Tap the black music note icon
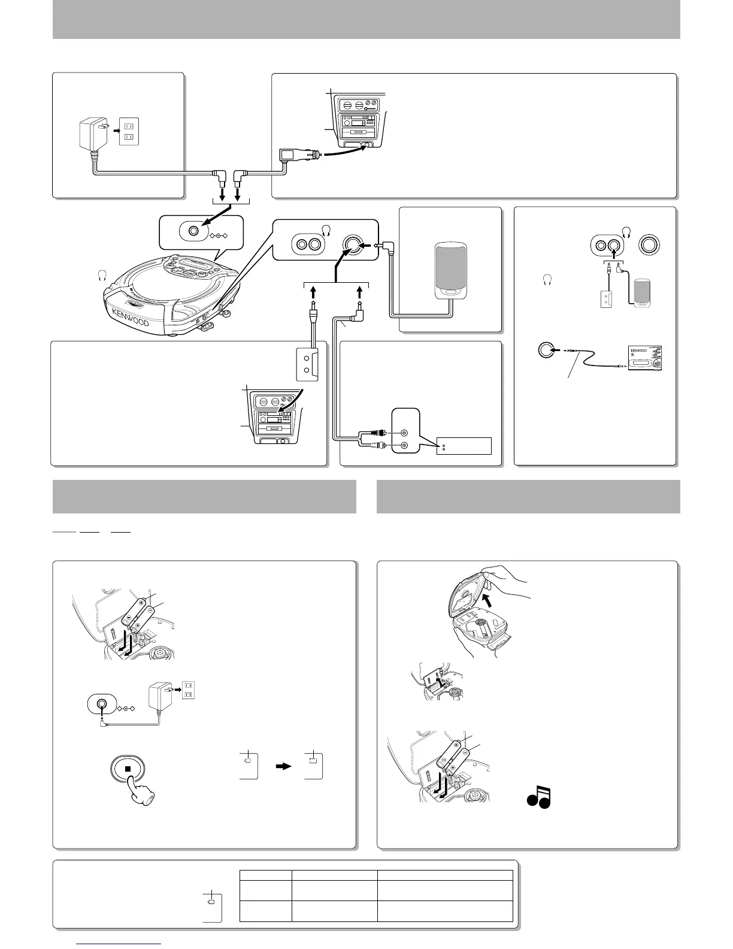538,797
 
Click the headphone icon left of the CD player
102,276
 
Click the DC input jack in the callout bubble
193,231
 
